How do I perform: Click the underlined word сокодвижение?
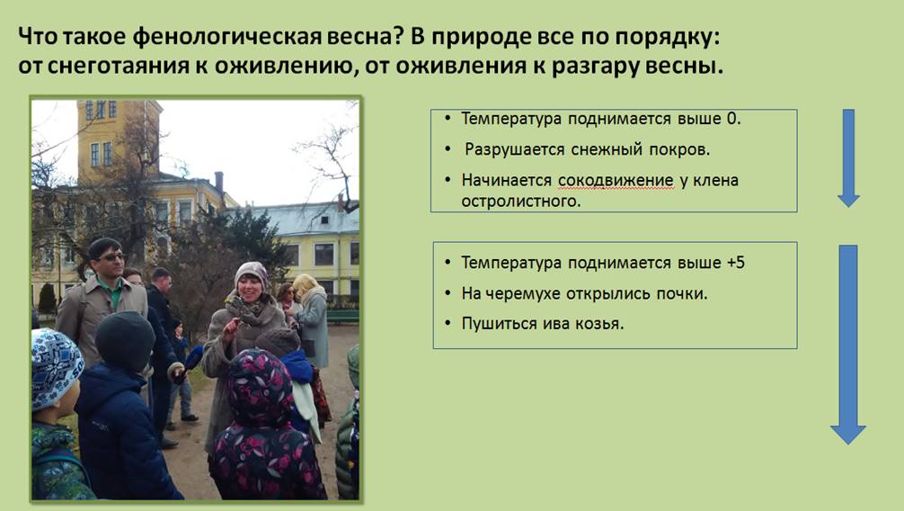(x=616, y=181)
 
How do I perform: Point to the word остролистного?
(x=520, y=201)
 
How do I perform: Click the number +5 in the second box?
(x=736, y=263)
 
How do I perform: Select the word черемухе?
(x=523, y=294)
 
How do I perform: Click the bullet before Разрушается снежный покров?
(x=448, y=149)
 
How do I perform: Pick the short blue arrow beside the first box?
(x=848, y=157)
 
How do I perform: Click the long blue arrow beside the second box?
(x=848, y=345)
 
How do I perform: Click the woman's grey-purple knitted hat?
(x=252, y=273)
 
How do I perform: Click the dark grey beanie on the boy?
(x=125, y=341)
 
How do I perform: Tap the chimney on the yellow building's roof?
(x=219, y=183)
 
